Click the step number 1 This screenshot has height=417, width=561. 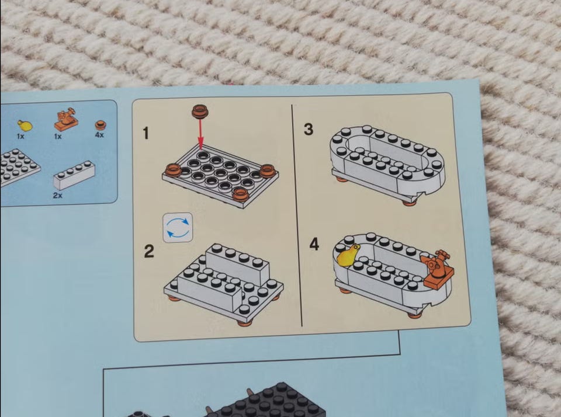146,133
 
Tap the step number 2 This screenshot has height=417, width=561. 149,251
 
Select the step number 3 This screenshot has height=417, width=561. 309,129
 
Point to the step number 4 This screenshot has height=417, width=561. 314,244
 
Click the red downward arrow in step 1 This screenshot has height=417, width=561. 200,134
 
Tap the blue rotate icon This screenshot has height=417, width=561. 178,228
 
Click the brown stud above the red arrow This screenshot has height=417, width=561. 200,111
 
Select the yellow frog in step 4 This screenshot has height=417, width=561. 348,256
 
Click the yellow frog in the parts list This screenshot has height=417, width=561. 25,126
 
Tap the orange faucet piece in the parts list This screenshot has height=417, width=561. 67,120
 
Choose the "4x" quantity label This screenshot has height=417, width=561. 99,135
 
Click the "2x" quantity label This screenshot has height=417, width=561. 58,195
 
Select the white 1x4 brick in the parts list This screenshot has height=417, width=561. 74,175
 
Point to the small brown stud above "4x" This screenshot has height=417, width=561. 101,125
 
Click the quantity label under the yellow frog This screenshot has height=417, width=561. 20,136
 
